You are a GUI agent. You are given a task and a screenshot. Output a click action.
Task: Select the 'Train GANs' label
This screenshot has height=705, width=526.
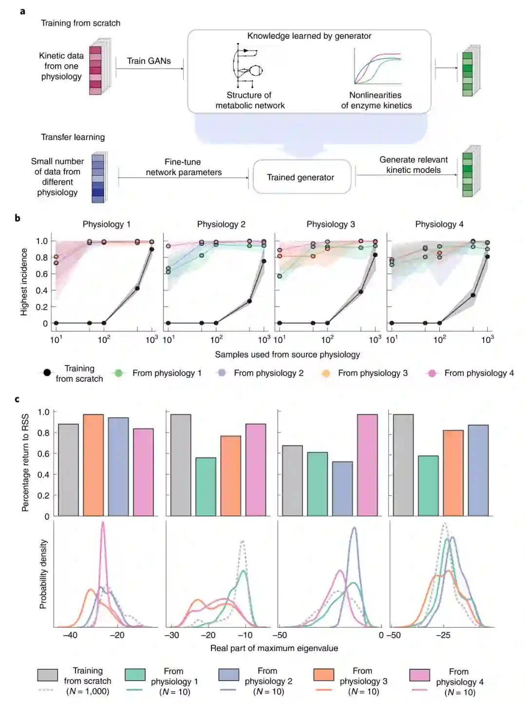[149, 61]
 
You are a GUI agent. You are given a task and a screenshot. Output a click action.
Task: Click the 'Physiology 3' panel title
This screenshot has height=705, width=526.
[330, 224]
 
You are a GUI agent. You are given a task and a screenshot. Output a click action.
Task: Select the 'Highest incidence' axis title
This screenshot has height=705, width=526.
[24, 282]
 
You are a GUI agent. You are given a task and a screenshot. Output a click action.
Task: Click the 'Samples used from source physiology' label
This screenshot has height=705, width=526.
[287, 355]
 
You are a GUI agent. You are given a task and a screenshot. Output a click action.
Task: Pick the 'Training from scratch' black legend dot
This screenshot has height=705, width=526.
[47, 373]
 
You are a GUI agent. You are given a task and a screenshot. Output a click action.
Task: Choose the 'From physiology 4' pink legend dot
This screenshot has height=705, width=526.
[432, 373]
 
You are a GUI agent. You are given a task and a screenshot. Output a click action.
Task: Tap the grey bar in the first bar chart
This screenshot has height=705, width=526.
[68, 470]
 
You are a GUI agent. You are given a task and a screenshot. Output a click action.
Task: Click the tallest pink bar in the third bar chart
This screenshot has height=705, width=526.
[367, 465]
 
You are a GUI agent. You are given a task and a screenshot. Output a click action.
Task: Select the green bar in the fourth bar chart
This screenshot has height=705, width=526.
[428, 486]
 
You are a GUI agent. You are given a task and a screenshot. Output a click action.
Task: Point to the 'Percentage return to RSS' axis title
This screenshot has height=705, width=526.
[25, 462]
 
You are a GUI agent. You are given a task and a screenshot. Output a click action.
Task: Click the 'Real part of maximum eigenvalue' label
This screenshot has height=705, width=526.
[274, 648]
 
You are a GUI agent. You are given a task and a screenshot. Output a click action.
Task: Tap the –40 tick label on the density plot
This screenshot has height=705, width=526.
[70, 635]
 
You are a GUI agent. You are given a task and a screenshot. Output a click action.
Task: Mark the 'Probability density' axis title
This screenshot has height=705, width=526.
[43, 573]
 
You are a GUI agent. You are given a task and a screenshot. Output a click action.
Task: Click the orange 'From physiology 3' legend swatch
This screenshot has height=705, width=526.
[324, 674]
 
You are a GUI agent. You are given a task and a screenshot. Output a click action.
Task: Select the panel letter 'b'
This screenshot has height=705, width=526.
[18, 218]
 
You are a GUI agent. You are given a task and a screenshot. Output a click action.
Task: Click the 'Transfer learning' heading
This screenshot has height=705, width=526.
[73, 137]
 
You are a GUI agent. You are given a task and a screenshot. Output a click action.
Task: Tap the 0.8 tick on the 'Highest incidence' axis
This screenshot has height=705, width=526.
[42, 257]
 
